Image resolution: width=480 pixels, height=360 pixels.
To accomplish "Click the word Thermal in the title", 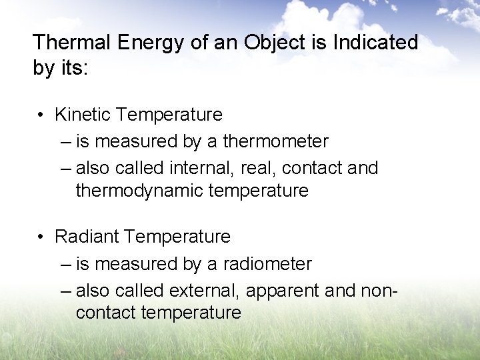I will (x=73, y=43).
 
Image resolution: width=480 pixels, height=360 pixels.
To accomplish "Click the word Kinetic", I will (x=83, y=115).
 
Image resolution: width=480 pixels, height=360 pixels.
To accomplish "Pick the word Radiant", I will (x=87, y=237).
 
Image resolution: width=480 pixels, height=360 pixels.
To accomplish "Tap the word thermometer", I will (x=275, y=141).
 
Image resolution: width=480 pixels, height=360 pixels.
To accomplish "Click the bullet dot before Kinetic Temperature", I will (x=41, y=115).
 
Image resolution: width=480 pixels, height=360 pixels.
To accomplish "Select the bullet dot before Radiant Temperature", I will (x=41, y=237).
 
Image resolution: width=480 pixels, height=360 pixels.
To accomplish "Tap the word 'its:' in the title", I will (x=72, y=69).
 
